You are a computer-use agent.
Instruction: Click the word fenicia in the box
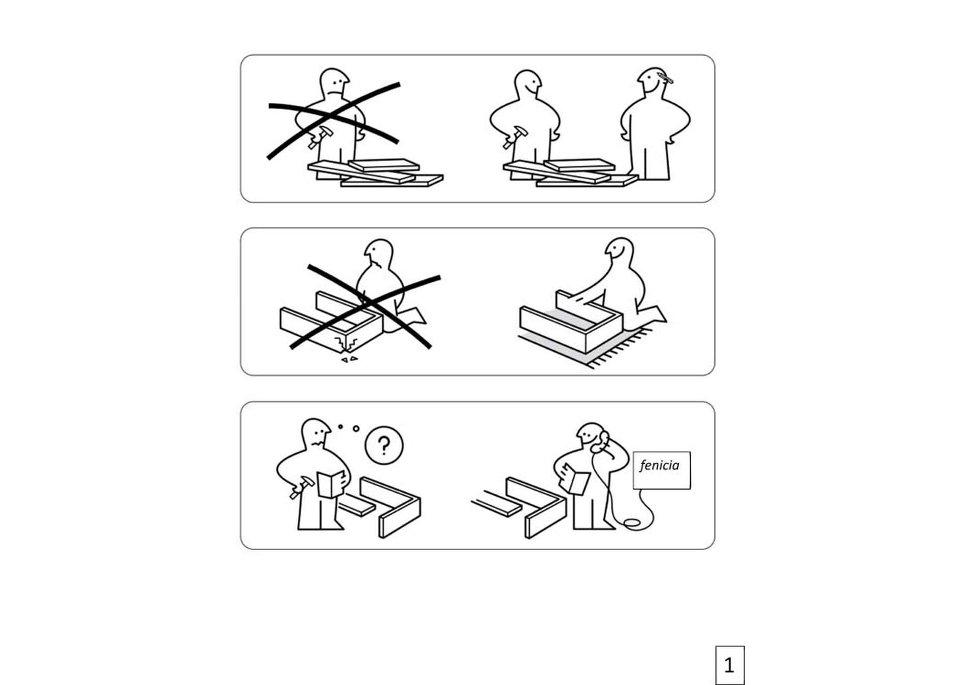(x=659, y=466)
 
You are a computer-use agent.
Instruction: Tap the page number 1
(x=729, y=665)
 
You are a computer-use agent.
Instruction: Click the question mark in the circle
(x=384, y=446)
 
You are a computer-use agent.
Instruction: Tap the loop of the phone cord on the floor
(x=632, y=524)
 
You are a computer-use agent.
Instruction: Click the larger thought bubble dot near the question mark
(x=356, y=429)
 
